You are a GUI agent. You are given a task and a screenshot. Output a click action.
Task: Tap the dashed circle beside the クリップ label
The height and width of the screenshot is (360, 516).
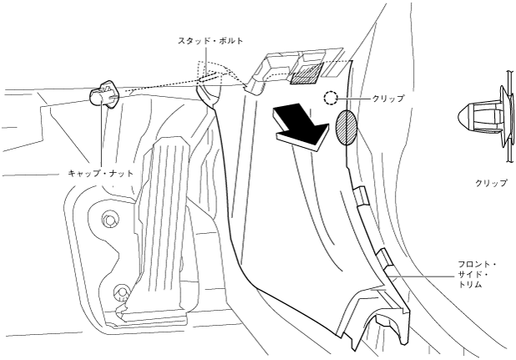331,99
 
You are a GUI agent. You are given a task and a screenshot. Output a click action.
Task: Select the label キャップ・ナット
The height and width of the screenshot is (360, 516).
99,173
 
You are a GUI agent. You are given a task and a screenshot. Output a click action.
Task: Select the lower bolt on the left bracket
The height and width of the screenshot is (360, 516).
120,293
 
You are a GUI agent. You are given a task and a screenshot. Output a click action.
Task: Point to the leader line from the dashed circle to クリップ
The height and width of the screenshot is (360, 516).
354,99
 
